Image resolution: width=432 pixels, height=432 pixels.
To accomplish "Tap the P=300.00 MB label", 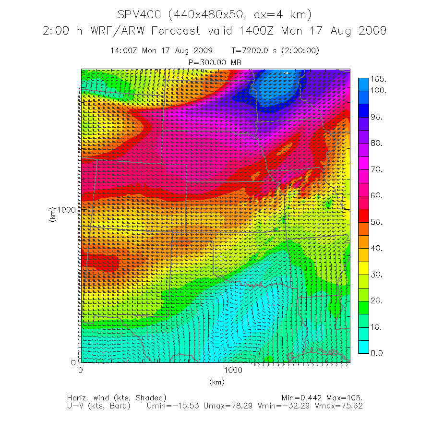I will (215, 62).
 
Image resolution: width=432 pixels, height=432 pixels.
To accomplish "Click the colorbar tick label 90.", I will (376, 117).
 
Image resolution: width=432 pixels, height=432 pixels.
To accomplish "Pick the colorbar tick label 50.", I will (376, 222).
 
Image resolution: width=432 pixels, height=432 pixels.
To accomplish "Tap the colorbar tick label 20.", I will (376, 300).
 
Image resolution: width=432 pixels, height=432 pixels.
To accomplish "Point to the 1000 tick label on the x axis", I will (233, 370).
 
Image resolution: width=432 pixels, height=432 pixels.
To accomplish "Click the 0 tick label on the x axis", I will (80, 370).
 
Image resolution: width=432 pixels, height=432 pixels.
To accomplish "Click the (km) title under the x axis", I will (216, 382).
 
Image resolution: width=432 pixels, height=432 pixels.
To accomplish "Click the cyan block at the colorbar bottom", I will (363, 347).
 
